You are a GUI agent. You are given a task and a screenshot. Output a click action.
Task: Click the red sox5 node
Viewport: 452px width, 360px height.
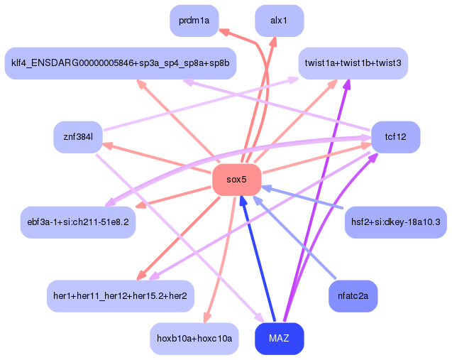point(236,180)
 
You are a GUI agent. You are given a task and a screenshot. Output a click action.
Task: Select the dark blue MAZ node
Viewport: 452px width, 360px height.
point(279,338)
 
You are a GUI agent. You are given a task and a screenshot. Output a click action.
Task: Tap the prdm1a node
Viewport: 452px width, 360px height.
point(194,21)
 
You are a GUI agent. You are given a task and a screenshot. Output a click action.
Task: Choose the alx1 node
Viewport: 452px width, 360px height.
point(279,21)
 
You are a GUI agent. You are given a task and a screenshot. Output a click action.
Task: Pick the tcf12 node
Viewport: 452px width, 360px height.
point(395,136)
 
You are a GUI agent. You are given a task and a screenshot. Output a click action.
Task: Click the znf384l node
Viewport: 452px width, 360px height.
point(78,136)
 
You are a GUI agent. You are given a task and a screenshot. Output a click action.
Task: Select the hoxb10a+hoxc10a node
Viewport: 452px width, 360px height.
point(194,338)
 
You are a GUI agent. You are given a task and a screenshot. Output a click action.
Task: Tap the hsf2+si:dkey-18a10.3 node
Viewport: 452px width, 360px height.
point(395,222)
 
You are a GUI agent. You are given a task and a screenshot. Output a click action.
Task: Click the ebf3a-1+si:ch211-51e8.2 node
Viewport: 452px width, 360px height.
point(78,222)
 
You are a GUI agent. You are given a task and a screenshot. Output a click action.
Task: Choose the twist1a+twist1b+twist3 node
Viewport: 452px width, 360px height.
point(353,63)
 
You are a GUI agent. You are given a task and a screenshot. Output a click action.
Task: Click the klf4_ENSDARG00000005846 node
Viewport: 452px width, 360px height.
point(120,63)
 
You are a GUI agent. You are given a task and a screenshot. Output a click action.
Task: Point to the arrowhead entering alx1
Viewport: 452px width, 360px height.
point(275,40)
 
